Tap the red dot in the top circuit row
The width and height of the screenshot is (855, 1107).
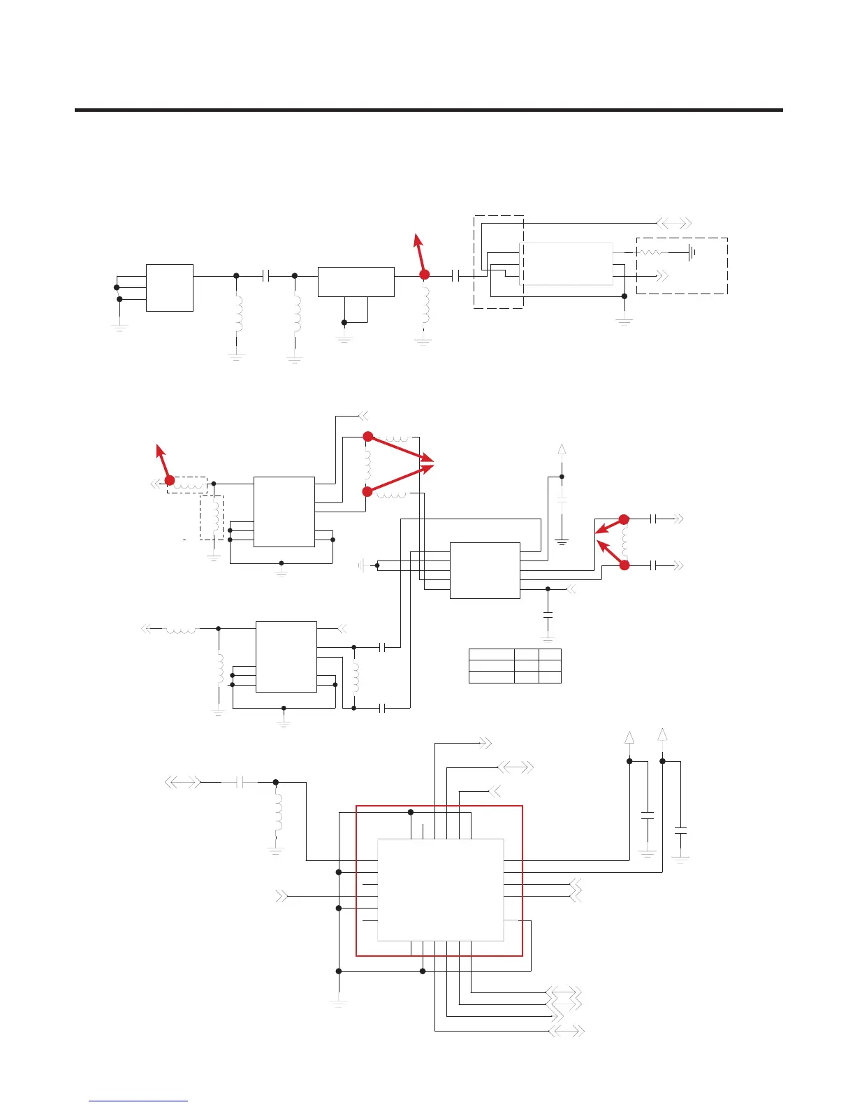click(x=424, y=275)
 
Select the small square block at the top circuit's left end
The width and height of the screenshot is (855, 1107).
click(x=169, y=287)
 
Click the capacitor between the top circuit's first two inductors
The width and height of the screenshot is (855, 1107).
click(x=265, y=276)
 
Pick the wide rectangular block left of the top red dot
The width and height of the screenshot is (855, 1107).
click(x=356, y=282)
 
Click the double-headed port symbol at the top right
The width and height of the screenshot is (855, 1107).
click(x=675, y=223)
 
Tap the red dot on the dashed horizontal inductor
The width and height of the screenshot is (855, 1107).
click(x=169, y=480)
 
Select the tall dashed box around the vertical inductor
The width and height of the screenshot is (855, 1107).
click(x=212, y=517)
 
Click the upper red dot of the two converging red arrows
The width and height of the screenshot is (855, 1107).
click(x=368, y=437)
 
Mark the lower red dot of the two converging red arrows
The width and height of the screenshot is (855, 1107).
click(x=367, y=492)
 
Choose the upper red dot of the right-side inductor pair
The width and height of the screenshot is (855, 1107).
click(x=624, y=519)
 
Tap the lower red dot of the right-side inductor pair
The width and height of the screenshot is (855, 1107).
click(x=624, y=565)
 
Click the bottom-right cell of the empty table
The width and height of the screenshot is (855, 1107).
click(x=550, y=677)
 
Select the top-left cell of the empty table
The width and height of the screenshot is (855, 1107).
click(x=491, y=655)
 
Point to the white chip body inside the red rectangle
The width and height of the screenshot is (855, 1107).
click(x=440, y=889)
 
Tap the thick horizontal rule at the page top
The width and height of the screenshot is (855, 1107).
click(x=428, y=110)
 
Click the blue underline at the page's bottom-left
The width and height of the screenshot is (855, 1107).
click(x=138, y=1101)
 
